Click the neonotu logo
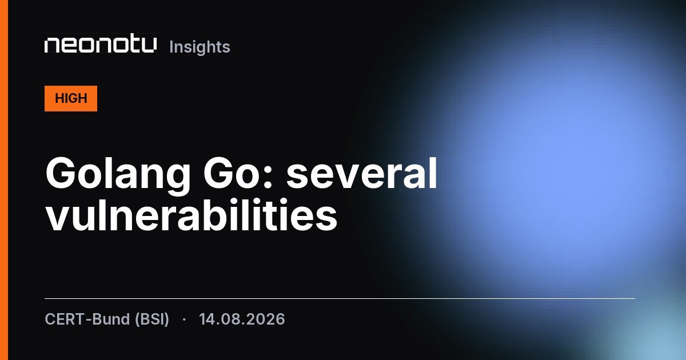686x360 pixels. [x=101, y=45]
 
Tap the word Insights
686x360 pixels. [x=200, y=47]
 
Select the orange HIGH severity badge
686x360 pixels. [x=71, y=98]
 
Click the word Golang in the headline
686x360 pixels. [x=118, y=174]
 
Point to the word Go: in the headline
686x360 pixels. [x=238, y=173]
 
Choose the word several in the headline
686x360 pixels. [x=362, y=173]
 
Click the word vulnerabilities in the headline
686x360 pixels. [x=192, y=214]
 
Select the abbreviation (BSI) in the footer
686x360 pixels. [x=152, y=319]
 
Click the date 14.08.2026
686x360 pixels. [x=242, y=319]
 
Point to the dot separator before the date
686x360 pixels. [x=184, y=319]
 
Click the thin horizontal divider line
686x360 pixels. [x=340, y=298]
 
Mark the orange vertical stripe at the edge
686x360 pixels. [x=4, y=180]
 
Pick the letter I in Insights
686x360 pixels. [x=171, y=47]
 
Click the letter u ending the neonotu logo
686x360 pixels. [x=150, y=45]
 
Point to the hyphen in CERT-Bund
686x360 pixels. [x=89, y=320]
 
